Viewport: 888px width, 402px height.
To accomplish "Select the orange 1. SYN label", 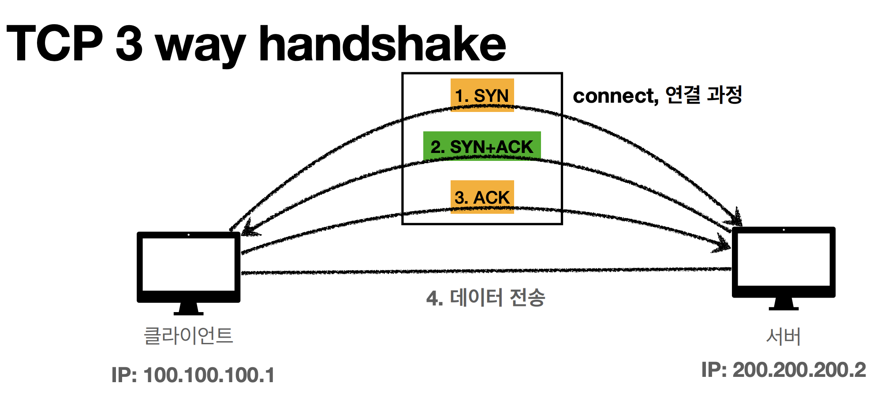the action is pyautogui.click(x=482, y=95).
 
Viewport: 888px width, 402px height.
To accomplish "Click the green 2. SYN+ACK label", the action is pyautogui.click(x=482, y=146).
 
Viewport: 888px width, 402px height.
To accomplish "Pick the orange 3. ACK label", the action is pyautogui.click(x=482, y=197).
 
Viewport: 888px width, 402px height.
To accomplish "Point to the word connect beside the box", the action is pyautogui.click(x=615, y=96).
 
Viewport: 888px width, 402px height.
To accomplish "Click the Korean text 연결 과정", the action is pyautogui.click(x=704, y=95).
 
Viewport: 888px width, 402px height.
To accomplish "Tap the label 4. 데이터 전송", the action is pyautogui.click(x=485, y=298).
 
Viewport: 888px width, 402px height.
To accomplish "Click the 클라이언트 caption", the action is pyautogui.click(x=189, y=335).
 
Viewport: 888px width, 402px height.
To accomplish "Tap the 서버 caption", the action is pyautogui.click(x=784, y=337).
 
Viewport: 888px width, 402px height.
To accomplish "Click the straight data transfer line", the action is pyautogui.click(x=485, y=271).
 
